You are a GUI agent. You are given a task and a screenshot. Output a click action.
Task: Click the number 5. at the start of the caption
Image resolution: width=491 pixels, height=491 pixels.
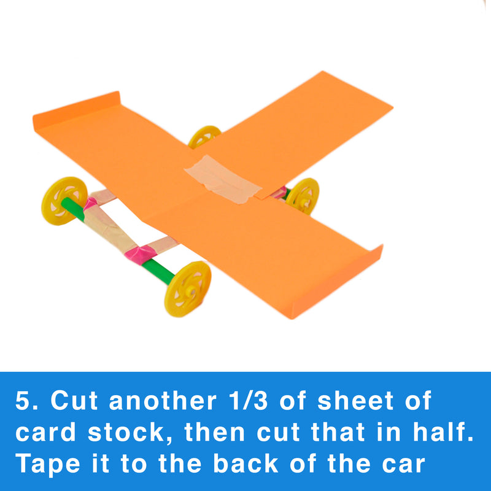pyautogui.click(x=26, y=401)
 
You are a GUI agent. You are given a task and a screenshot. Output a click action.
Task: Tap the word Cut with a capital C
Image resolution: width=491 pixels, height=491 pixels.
pyautogui.click(x=74, y=401)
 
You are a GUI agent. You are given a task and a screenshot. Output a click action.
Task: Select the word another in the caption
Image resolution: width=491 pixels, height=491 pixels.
pyautogui.click(x=163, y=401)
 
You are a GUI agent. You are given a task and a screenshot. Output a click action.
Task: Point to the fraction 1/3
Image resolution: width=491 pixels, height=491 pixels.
pyautogui.click(x=249, y=401)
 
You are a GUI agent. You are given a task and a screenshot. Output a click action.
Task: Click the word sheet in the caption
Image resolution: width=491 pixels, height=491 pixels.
pyautogui.click(x=355, y=401)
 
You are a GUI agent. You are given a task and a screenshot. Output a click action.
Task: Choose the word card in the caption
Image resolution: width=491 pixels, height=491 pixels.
pyautogui.click(x=45, y=432)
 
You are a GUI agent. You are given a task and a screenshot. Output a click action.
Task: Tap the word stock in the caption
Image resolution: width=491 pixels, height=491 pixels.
pyautogui.click(x=126, y=432)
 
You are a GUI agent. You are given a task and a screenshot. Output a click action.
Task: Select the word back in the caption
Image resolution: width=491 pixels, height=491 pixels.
pyautogui.click(x=246, y=463)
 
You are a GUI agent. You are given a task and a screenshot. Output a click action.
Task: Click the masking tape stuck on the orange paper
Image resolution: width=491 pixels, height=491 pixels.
pyautogui.click(x=223, y=179)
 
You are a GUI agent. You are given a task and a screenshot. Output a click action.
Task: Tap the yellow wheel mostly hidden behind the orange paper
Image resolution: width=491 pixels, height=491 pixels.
pyautogui.click(x=204, y=136)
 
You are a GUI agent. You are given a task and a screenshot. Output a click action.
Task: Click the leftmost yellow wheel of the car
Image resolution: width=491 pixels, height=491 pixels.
pyautogui.click(x=64, y=201)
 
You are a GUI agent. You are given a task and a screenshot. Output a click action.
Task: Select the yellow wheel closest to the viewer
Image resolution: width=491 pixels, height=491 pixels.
pyautogui.click(x=188, y=288)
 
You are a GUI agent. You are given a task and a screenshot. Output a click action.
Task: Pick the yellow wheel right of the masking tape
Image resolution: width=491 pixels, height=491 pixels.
pyautogui.click(x=303, y=196)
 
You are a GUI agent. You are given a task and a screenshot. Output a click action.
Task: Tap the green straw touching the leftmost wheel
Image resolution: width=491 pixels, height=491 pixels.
pyautogui.click(x=73, y=208)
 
